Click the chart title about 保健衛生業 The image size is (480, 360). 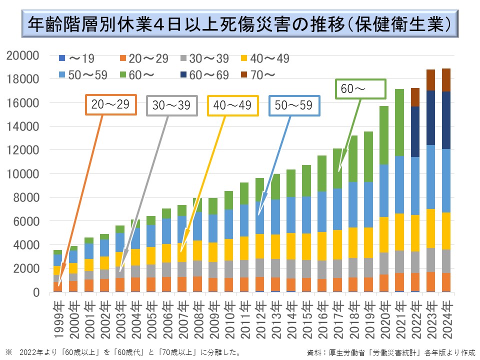coord(240,23)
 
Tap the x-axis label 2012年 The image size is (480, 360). coord(259,313)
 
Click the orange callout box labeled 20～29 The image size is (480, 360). coord(110,104)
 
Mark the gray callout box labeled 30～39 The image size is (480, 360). coord(171,105)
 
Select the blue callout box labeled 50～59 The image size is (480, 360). coord(294,105)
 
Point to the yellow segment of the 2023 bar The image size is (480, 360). coord(430,228)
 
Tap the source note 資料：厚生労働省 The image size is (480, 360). coord(392,352)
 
